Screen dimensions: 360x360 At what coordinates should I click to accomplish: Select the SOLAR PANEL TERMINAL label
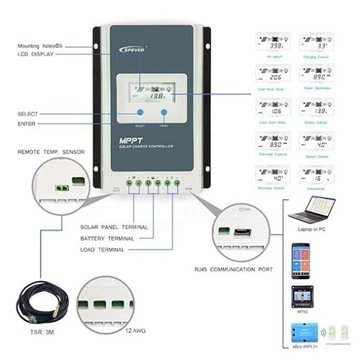pyautogui.click(x=111, y=227)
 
